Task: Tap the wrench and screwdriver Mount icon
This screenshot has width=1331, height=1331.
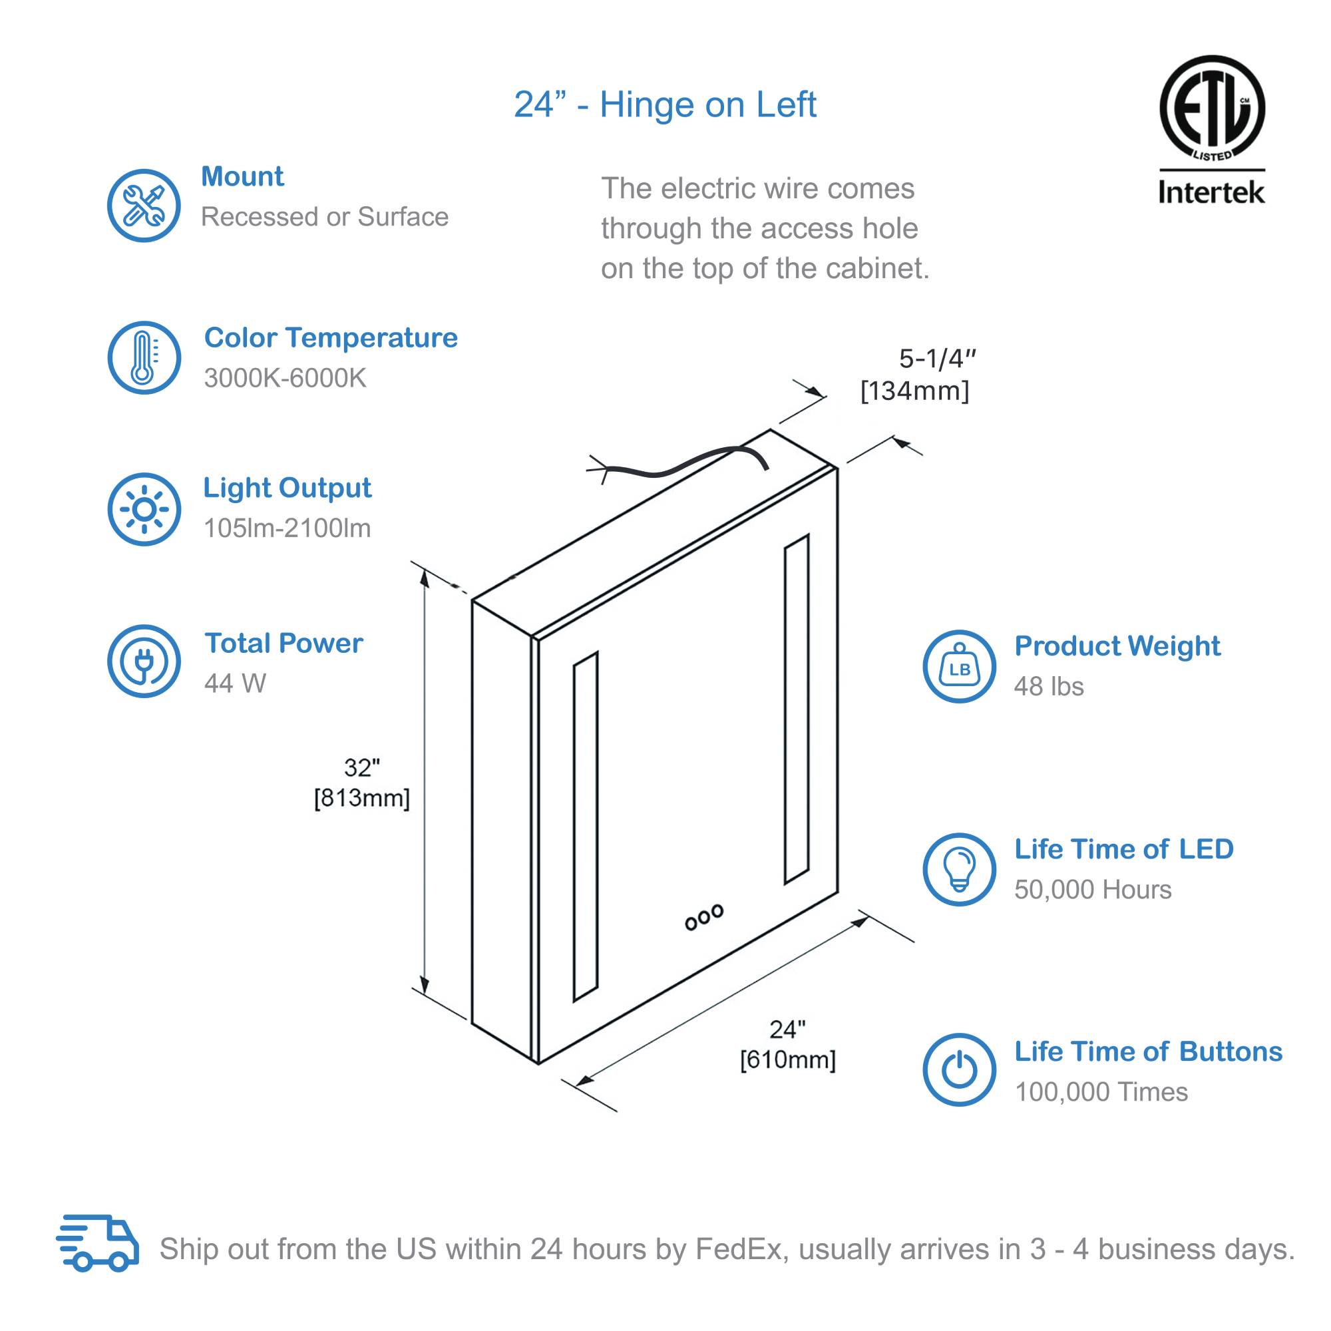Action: [x=144, y=205]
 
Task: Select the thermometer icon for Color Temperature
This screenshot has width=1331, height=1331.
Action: [x=144, y=357]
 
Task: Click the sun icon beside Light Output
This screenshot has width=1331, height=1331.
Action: [x=144, y=509]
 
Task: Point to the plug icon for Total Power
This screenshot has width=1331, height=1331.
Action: [x=144, y=662]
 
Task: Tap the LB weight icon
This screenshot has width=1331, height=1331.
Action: [x=959, y=667]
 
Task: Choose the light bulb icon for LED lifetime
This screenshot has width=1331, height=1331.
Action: [x=959, y=869]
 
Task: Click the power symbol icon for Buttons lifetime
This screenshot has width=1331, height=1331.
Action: [x=959, y=1070]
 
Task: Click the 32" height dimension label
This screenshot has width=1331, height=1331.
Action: [x=361, y=783]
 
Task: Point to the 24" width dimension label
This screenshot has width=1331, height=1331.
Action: [x=787, y=1044]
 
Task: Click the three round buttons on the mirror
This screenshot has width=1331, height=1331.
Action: [x=704, y=918]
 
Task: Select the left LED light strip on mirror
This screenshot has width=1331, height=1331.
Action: [x=586, y=826]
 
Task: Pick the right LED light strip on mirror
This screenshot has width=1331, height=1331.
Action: [x=797, y=709]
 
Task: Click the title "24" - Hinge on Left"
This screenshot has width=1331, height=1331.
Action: [x=665, y=104]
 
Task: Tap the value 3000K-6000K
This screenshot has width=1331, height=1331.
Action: [x=285, y=378]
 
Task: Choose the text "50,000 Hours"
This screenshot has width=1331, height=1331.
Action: [x=1093, y=890]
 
